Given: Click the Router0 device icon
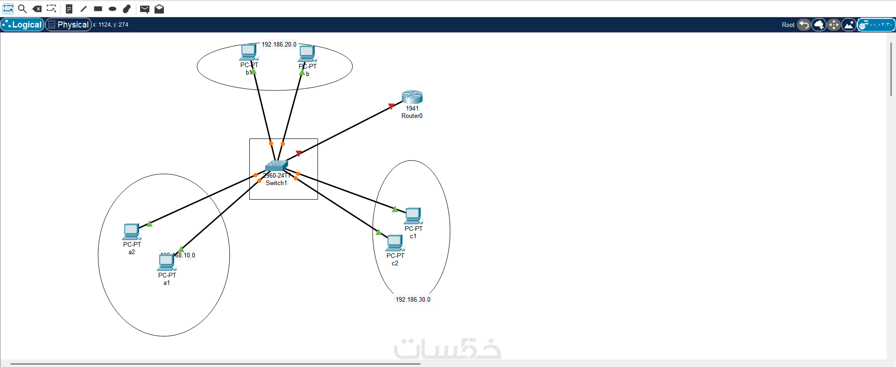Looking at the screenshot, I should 412,97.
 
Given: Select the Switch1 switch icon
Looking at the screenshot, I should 276,166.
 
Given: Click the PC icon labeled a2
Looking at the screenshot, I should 132,232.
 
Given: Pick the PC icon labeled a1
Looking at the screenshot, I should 167,263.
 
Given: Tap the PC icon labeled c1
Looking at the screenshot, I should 413,216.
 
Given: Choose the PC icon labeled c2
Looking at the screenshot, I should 395,243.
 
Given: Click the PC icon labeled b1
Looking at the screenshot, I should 248,52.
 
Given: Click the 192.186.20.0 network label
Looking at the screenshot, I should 279,44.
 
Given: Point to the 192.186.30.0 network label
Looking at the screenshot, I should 413,299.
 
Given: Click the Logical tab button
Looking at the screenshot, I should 22,25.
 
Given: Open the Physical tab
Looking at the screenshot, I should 68,25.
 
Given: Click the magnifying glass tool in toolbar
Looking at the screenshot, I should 22,8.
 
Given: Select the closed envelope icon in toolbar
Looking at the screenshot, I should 145,9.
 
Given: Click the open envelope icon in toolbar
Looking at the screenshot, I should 159,9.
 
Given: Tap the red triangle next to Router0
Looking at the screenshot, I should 391,106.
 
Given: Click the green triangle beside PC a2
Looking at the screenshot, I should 149,224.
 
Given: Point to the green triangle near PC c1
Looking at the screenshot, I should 395,209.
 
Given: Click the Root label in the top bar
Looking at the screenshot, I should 788,25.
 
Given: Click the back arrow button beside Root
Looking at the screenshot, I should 804,25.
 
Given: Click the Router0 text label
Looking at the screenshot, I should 412,116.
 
